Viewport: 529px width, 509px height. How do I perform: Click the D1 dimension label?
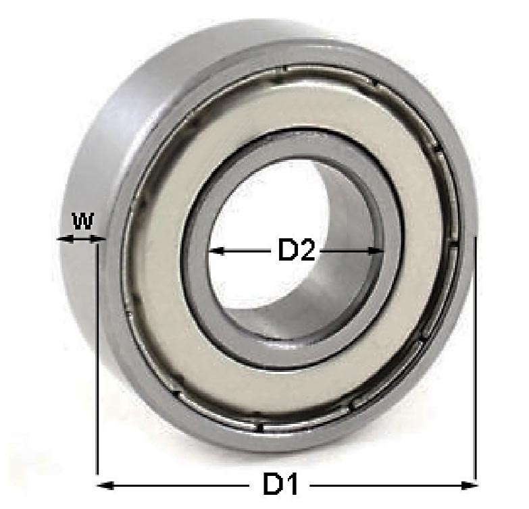click(x=280, y=485)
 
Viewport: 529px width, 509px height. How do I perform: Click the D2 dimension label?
click(x=297, y=251)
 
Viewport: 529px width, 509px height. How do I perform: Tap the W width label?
click(x=82, y=221)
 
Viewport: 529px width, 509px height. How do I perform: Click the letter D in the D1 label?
click(x=272, y=485)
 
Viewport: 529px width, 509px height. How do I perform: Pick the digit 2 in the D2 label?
click(x=307, y=251)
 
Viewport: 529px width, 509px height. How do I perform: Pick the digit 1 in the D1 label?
click(x=291, y=485)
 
